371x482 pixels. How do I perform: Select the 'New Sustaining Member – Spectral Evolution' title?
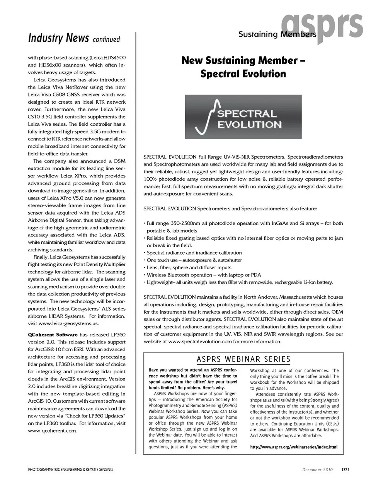243,67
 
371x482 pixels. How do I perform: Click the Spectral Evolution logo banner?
243,117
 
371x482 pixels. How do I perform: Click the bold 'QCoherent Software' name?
53,335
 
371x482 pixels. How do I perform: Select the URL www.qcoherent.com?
52,431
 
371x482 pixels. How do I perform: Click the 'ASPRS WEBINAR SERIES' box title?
243,359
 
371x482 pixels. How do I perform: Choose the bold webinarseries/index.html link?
294,447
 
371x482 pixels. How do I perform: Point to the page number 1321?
345,470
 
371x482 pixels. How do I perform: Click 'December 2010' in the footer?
317,470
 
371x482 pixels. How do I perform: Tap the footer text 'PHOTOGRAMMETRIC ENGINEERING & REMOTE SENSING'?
70,470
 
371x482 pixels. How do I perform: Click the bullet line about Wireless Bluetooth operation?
204,275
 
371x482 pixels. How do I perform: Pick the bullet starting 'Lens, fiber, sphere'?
189,268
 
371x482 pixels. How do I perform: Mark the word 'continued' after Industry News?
106,39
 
